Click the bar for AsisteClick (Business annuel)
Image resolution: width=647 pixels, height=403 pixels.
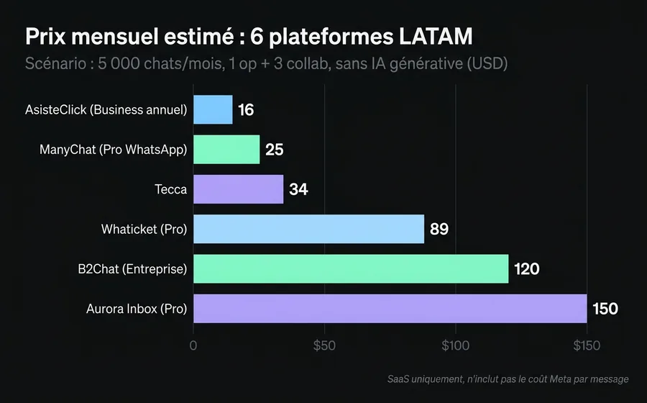[x=213, y=109]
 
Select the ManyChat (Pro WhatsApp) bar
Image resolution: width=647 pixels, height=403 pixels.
[x=226, y=150]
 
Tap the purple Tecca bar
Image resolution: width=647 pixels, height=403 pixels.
[x=238, y=189]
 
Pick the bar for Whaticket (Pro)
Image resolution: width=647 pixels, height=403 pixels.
[x=308, y=229]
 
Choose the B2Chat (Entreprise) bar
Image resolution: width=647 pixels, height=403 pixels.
[x=351, y=268]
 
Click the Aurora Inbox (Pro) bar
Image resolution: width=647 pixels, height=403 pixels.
[x=390, y=309]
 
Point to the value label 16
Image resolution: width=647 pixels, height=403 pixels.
[x=246, y=110]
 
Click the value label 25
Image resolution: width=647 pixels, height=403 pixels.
[x=274, y=150]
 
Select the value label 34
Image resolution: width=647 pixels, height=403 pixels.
[x=298, y=189]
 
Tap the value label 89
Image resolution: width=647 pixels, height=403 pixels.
[x=439, y=230]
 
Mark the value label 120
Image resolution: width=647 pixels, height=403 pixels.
[x=526, y=269]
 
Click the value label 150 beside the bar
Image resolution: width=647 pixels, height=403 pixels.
[x=605, y=309]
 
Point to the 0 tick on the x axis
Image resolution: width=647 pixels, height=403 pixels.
[x=193, y=345]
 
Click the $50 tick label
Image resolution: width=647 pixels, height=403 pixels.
[x=324, y=345]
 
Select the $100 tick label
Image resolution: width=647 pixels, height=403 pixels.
[x=455, y=345]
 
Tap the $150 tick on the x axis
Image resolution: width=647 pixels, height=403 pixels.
[x=586, y=345]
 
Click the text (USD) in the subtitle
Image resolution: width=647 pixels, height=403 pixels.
[x=487, y=63]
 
